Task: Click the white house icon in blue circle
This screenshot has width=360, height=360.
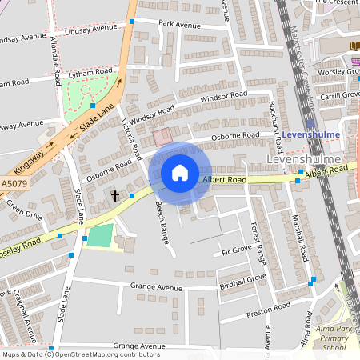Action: (x=180, y=172)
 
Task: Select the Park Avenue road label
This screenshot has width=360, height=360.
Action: (x=179, y=25)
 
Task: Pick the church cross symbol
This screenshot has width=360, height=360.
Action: (x=114, y=195)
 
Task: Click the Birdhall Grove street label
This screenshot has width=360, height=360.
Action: (x=242, y=280)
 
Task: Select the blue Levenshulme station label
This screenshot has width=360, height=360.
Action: (x=311, y=134)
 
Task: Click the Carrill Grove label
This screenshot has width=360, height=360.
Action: (x=340, y=94)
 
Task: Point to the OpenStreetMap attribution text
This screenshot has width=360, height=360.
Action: (x=80, y=354)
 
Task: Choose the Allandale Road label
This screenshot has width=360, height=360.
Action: (x=55, y=60)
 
